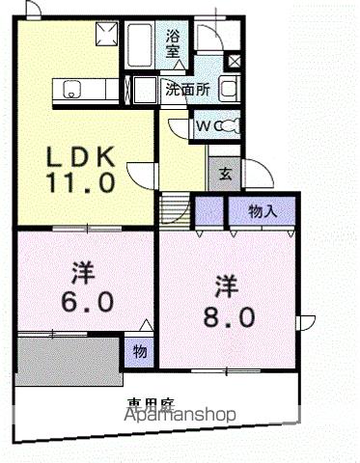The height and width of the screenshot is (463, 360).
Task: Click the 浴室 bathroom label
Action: click(x=173, y=42)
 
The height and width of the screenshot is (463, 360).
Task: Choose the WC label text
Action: click(x=205, y=124)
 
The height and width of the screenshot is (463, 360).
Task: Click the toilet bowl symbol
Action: click(x=227, y=124)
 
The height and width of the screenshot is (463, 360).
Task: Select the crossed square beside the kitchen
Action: click(x=105, y=35)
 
